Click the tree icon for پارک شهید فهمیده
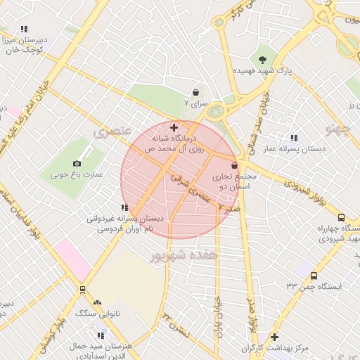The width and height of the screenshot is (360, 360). [262, 59]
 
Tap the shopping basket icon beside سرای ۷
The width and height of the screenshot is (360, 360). [195, 92]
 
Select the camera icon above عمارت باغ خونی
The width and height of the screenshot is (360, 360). [77, 162]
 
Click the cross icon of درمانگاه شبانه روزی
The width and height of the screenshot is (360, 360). [174, 127]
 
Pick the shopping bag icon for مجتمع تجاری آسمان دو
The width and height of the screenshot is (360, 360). [233, 165]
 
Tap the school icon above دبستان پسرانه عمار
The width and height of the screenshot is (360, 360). [293, 138]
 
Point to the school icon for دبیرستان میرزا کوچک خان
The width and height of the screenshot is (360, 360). [24, 29]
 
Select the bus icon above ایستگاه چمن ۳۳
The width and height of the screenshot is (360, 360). [313, 276]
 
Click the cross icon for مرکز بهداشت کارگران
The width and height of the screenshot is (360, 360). [274, 337]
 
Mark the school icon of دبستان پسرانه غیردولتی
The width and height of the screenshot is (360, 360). [124, 207]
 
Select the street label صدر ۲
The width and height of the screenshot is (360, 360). [229, 208]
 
